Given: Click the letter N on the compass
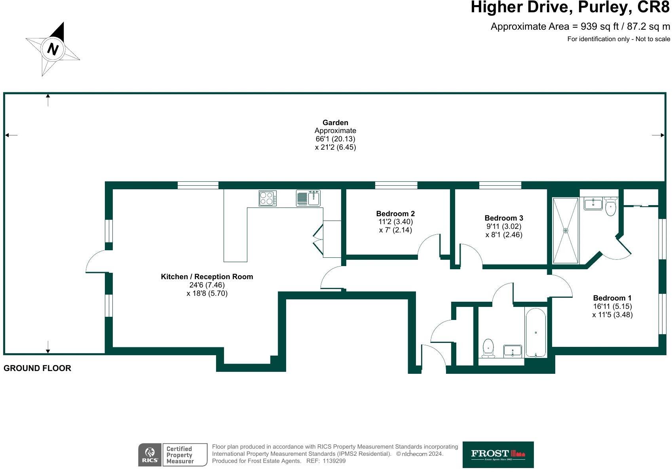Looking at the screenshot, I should pyautogui.click(x=53, y=49).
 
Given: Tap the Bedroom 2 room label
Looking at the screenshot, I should pyautogui.click(x=395, y=213).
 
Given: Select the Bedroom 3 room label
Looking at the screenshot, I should pyautogui.click(x=504, y=218).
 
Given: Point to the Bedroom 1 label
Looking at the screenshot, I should pyautogui.click(x=612, y=298).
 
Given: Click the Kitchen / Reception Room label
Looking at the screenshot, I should pyautogui.click(x=207, y=276).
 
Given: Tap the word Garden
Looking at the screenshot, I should pyautogui.click(x=335, y=122).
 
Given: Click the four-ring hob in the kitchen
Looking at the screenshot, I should pyautogui.click(x=268, y=198).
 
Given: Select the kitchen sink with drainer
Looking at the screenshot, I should pyautogui.click(x=308, y=198).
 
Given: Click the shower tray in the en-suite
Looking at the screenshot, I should pyautogui.click(x=566, y=230).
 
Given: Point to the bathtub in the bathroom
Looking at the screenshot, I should pyautogui.click(x=535, y=333).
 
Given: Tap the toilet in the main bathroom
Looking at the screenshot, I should pyautogui.click(x=488, y=348).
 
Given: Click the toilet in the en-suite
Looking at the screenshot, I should pyautogui.click(x=611, y=207).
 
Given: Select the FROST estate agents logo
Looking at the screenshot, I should pyautogui.click(x=498, y=455).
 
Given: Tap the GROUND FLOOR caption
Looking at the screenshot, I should pyautogui.click(x=37, y=368).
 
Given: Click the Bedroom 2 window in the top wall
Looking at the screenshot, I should pyautogui.click(x=396, y=185).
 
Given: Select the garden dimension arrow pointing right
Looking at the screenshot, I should pyautogui.click(x=658, y=135).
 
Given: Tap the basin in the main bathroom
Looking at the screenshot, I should pyautogui.click(x=513, y=351).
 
